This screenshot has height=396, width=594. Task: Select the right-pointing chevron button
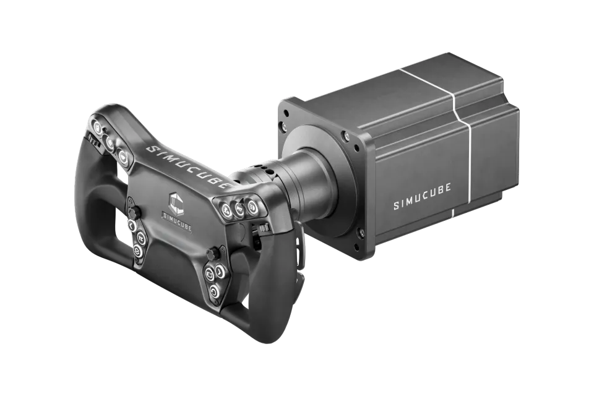click(x=219, y=272)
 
